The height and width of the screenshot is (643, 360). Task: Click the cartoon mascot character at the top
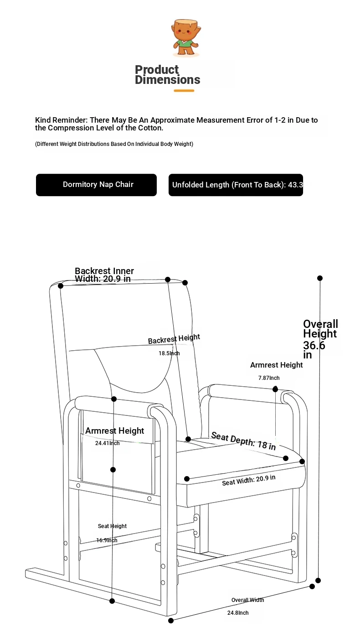click(x=186, y=37)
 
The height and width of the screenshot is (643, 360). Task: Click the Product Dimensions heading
click(x=167, y=75)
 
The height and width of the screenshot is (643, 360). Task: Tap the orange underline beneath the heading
click(x=184, y=91)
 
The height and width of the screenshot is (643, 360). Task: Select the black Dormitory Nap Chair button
click(x=96, y=185)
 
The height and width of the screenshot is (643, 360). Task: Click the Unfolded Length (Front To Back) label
click(x=236, y=185)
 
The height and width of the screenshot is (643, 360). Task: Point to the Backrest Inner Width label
click(x=104, y=275)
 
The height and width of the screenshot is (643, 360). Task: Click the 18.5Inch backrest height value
click(x=169, y=353)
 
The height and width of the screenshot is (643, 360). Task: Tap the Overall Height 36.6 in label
click(x=320, y=339)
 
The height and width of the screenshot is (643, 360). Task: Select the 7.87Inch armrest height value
click(x=269, y=378)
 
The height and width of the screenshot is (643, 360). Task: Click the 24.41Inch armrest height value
click(x=108, y=443)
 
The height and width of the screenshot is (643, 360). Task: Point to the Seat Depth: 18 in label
click(x=243, y=441)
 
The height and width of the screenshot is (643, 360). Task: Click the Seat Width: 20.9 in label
click(x=249, y=480)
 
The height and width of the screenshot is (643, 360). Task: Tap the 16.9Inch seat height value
click(x=107, y=540)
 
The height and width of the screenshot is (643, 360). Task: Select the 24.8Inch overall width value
click(x=238, y=613)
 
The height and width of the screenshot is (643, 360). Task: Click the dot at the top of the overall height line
click(x=320, y=278)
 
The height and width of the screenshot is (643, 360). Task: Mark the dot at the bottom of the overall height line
click(x=318, y=581)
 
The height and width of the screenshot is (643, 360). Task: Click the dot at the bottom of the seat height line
click(x=112, y=601)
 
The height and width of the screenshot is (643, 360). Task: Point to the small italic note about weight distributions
click(x=114, y=144)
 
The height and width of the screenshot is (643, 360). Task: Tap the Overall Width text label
click(x=247, y=600)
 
